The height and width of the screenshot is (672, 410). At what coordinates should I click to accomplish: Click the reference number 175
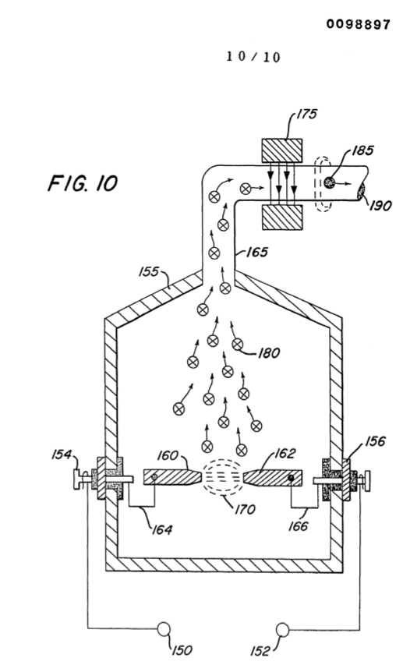307,114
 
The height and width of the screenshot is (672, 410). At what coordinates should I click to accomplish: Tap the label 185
363,150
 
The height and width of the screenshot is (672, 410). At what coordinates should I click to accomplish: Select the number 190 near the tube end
380,206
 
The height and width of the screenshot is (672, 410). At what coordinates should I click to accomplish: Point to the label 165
257,252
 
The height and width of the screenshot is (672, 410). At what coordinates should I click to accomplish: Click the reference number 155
149,272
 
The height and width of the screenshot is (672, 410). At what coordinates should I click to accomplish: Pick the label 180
269,352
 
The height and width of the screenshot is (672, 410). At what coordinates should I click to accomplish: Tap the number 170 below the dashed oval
245,509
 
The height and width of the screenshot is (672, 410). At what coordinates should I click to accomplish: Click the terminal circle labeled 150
164,629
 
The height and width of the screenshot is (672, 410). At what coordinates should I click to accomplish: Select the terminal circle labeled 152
282,630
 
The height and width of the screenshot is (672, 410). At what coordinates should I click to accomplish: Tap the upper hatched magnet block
282,150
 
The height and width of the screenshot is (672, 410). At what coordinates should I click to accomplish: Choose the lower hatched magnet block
282,218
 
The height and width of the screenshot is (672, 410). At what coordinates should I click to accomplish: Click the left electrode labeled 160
172,477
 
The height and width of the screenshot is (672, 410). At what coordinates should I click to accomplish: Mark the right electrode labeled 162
273,477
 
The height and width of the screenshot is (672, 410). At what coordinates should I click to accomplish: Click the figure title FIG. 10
83,183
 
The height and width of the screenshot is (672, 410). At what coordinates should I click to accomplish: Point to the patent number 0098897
358,24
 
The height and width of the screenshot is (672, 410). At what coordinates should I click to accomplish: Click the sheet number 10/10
253,57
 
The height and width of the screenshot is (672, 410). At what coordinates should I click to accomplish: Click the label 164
162,529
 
